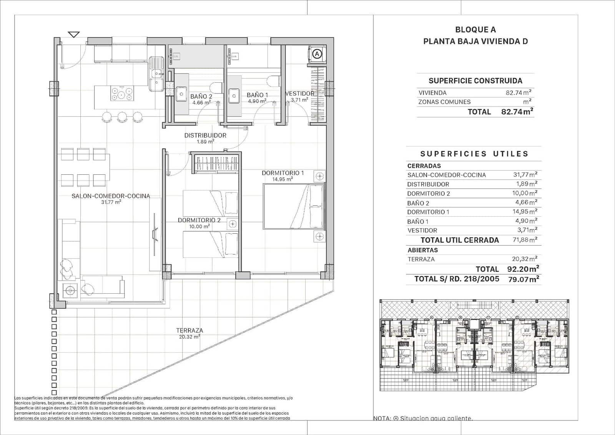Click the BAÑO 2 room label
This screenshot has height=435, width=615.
(x=201, y=96)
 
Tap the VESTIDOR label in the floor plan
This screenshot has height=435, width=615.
(x=299, y=94)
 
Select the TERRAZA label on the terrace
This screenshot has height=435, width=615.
(x=189, y=330)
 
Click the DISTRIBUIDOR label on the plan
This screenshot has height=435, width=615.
(x=205, y=136)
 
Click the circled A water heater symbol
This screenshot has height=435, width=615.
(x=317, y=54)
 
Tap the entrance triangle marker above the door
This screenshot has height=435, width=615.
(x=74, y=35)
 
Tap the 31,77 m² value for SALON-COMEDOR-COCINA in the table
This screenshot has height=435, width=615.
(x=525, y=174)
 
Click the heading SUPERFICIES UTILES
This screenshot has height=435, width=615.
(x=474, y=154)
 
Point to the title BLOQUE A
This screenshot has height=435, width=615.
(x=475, y=30)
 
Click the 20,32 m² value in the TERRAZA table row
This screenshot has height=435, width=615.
(x=525, y=259)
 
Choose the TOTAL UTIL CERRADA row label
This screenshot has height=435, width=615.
(x=460, y=240)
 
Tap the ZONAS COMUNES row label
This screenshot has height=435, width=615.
(x=444, y=102)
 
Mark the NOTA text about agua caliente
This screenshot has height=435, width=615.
(x=423, y=418)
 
